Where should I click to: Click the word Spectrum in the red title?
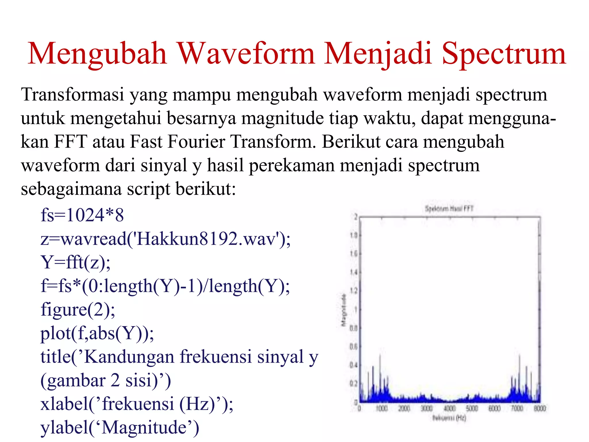coord(503,54)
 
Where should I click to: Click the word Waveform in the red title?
coord(246,54)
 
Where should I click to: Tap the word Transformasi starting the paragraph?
coord(72,95)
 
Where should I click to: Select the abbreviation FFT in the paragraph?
coord(70,142)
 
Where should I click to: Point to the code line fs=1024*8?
coord(82,215)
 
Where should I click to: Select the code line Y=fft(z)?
coord(75,262)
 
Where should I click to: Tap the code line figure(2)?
coord(78,310)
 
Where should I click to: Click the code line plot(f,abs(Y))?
coord(97,333)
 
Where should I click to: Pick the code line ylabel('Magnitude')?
coord(119,427)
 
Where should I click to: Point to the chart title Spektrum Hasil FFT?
coord(449,209)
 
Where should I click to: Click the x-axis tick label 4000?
coord(449,408)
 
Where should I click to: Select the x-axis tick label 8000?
coord(540,408)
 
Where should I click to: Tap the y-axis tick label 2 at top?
coord(355,217)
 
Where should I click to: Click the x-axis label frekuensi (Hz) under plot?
coord(449,418)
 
